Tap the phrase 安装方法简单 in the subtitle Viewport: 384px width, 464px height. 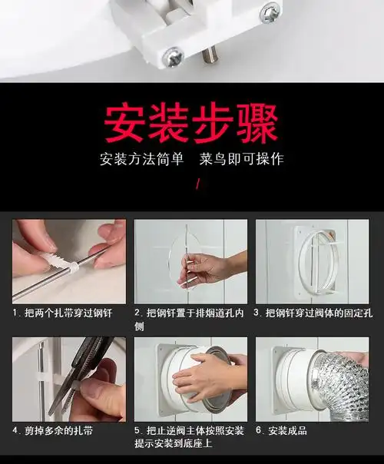coord(142,160)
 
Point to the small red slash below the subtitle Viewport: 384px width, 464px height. coord(198,184)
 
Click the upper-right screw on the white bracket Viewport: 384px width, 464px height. coord(270,12)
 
